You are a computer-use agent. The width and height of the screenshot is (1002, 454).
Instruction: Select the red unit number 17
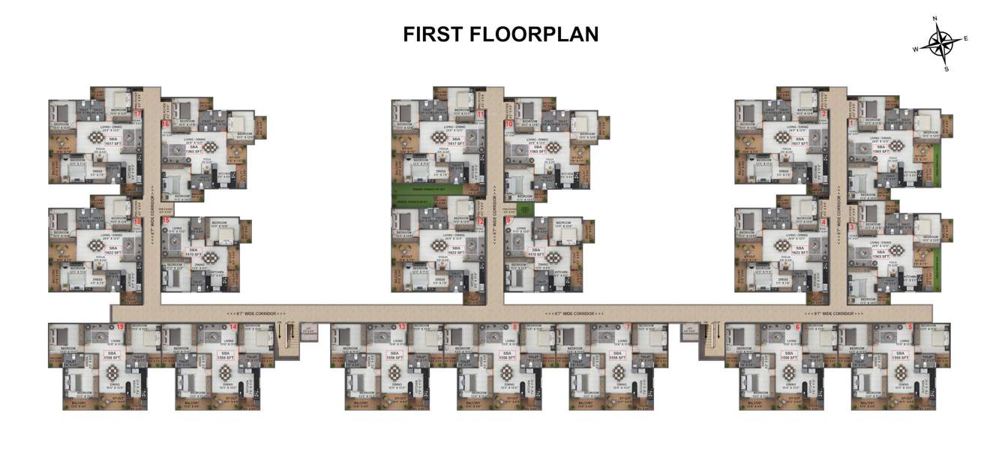[137, 113]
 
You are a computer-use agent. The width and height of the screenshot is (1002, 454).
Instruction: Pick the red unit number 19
[120, 327]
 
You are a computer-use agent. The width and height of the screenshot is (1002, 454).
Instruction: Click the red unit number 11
[480, 113]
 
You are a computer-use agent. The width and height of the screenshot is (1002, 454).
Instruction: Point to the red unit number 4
[823, 222]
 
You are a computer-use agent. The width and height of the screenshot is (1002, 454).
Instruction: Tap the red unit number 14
[233, 327]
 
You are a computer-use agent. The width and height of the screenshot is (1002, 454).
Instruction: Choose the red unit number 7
[627, 327]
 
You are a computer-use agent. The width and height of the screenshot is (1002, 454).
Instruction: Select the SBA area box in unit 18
[113, 250]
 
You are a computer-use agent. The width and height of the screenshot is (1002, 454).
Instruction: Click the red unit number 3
[852, 227]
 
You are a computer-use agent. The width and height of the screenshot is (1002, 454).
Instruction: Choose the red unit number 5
[910, 327]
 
